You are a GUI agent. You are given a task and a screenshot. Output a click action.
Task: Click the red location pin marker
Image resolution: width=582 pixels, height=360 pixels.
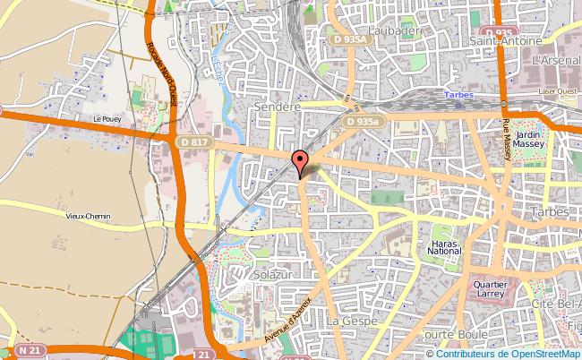pyautogui.click(x=302, y=162)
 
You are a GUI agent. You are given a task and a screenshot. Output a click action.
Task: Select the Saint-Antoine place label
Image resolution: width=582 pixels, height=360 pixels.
pyautogui.click(x=506, y=41)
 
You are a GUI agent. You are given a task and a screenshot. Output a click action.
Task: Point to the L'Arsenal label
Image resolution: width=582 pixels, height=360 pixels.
pyautogui.click(x=555, y=59)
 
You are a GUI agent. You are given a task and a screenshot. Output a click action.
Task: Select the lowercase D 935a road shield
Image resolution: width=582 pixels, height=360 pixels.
pyautogui.click(x=368, y=120)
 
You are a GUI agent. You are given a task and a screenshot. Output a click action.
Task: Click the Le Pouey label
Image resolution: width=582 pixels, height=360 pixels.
pyautogui.click(x=106, y=117)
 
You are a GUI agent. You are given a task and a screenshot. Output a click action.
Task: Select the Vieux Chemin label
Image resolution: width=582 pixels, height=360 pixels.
pyautogui.click(x=87, y=216)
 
